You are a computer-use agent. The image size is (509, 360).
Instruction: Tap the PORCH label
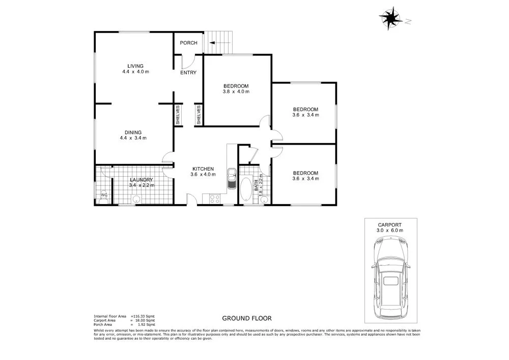[188, 43]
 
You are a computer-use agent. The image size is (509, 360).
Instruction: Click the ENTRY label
[188, 73]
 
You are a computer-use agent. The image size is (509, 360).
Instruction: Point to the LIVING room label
[135, 66]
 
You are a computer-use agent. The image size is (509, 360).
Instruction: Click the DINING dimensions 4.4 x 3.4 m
[133, 138]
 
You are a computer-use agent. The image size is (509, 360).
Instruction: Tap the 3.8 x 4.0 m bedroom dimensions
[236, 92]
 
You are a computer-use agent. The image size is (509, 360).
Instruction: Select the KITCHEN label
[203, 169]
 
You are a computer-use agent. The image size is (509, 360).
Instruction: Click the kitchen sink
[232, 179]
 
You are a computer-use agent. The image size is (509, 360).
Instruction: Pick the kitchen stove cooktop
[211, 198]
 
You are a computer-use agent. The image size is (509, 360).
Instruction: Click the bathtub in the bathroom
[247, 189]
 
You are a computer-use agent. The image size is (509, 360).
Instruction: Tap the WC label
[103, 195]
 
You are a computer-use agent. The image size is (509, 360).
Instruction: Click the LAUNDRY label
[142, 180]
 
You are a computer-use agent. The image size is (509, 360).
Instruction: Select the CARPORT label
[390, 224]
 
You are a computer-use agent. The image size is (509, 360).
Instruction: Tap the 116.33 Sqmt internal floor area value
[143, 316]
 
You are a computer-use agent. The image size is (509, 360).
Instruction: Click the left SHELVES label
[178, 115]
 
